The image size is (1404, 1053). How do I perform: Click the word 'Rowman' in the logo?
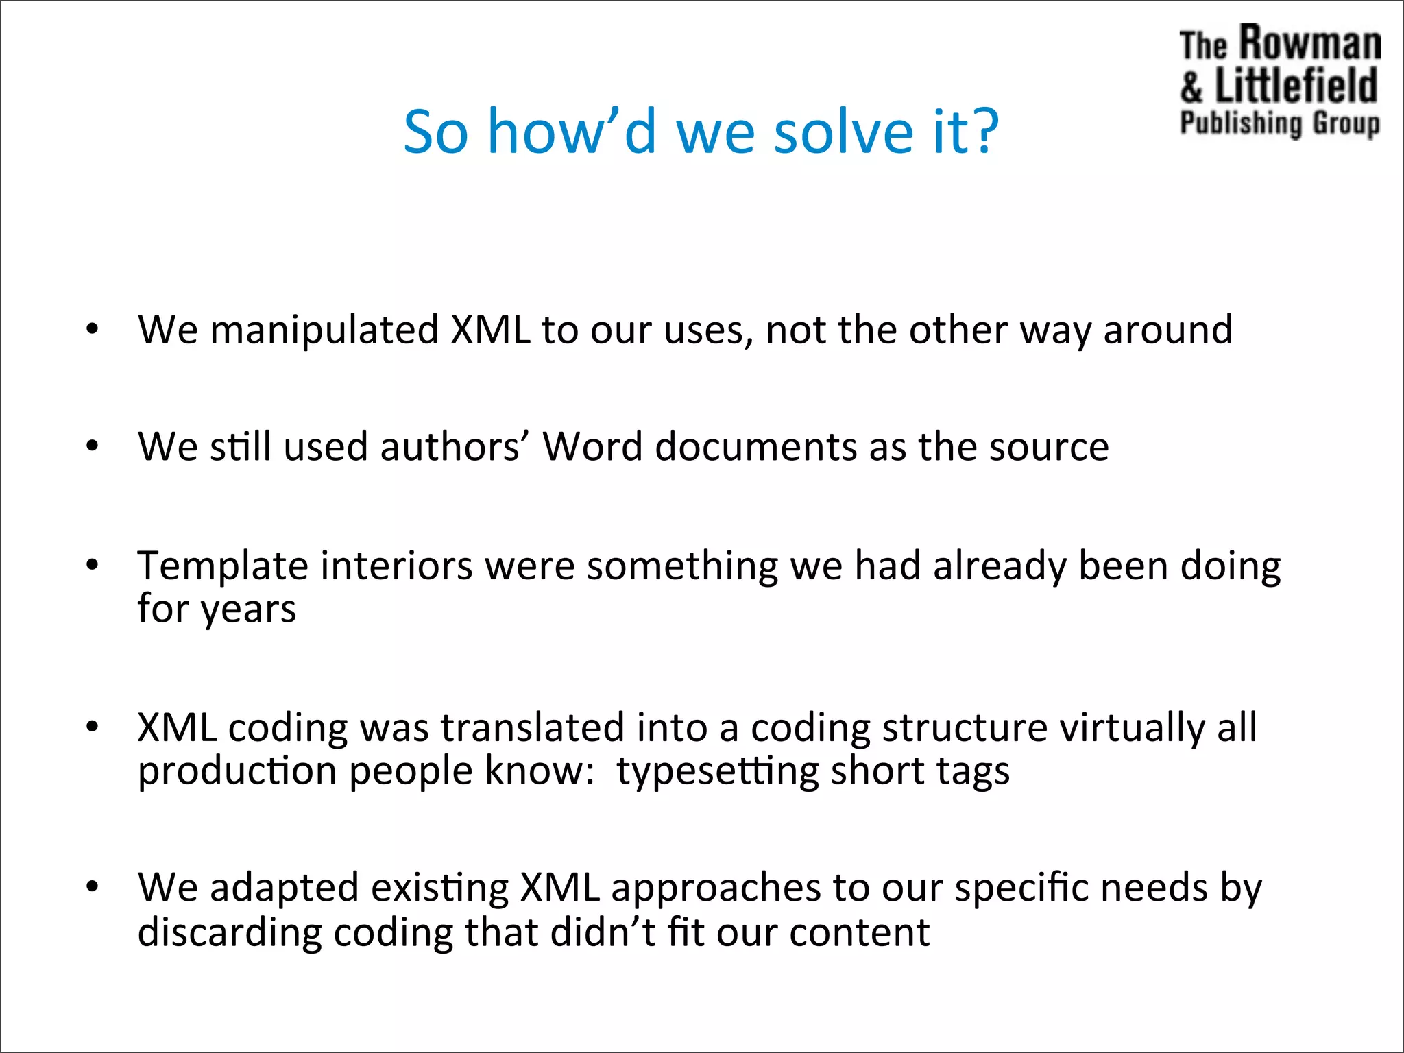1310,44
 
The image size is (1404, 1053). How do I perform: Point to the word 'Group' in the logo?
1345,124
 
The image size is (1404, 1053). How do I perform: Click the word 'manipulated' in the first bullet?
324,330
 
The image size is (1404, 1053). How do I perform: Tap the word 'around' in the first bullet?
1167,330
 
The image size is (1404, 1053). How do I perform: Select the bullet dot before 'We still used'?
93,447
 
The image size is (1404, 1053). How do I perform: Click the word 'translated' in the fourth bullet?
532,727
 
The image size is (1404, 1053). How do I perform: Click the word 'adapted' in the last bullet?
284,888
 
